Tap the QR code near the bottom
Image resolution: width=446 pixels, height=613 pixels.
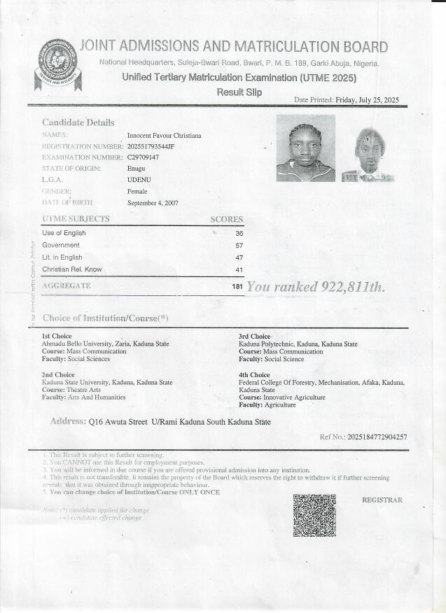314,515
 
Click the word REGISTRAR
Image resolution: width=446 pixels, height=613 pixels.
382,500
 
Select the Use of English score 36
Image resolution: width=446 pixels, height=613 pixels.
239,233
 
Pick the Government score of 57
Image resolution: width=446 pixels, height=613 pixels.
239,246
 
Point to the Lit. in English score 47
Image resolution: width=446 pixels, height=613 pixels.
239,258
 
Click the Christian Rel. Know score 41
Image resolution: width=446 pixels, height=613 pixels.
239,269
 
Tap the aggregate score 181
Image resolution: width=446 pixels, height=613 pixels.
237,287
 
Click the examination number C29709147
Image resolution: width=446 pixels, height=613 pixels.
143,157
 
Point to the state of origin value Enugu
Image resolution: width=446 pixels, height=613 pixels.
136,169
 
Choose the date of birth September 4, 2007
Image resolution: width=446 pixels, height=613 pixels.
153,203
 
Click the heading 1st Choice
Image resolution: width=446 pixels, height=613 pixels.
57,337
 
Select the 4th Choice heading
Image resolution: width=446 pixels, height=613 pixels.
254,375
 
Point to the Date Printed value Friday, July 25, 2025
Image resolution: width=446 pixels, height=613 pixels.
367,100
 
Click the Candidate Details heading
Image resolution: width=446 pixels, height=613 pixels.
78,122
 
